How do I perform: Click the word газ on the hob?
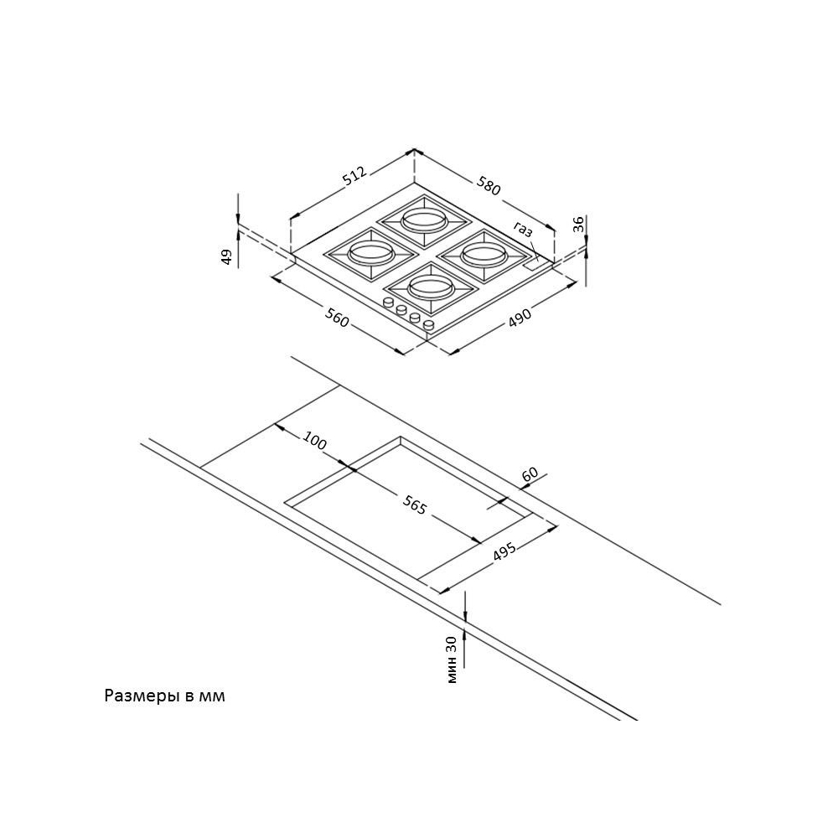pos(524,228)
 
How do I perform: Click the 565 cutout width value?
pos(415,505)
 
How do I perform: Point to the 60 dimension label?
pos(530,474)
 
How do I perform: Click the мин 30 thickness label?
pos(453,659)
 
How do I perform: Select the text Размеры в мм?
pos(165,696)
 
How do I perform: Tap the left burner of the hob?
pos(369,253)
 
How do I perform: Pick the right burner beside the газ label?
pos(481,251)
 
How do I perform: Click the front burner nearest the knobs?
pos(432,287)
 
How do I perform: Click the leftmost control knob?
pos(389,303)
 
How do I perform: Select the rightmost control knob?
pos(429,324)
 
